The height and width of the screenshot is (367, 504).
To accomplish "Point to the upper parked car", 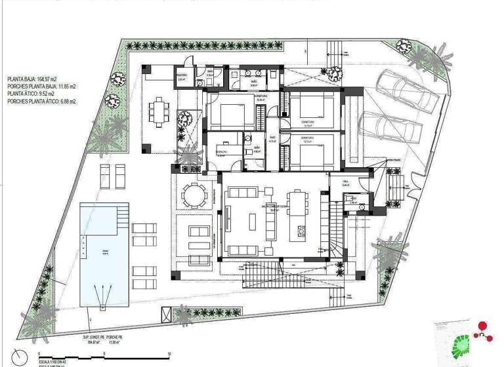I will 407,91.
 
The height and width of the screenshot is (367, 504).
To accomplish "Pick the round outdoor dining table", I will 194,195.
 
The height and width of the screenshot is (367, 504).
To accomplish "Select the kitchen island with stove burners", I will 300,233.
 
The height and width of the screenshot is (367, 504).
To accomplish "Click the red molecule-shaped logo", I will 484,329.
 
